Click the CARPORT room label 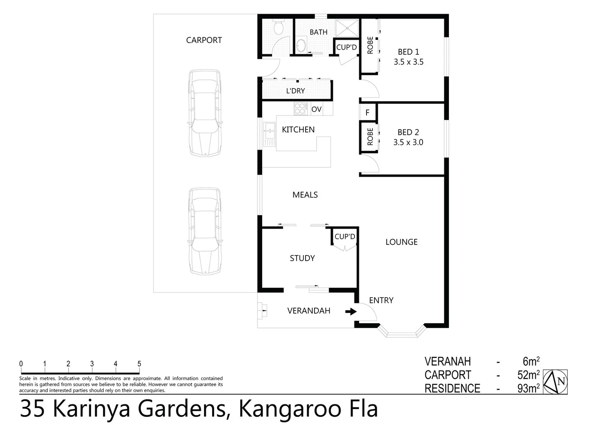coord(204,40)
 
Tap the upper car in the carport coord(204,113)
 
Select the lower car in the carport coord(204,231)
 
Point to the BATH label coord(319,32)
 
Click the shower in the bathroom coord(347,28)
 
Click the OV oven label coord(317,109)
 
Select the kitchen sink coord(270,134)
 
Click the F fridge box coord(367,113)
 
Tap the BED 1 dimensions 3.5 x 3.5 coord(408,62)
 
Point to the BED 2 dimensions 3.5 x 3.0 coord(408,142)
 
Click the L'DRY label coord(295,91)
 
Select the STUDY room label coord(302,258)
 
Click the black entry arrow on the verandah coord(351,312)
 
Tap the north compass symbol coord(555,381)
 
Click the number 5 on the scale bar coord(139,364)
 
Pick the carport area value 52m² coord(528,375)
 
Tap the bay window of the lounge coord(402,332)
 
